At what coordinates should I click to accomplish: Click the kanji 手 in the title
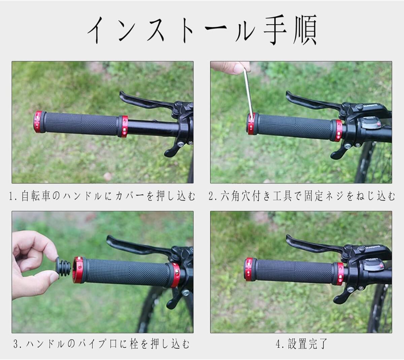(x=275, y=30)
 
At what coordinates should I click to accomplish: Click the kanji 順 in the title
(x=305, y=30)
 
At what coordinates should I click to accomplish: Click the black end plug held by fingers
(x=63, y=267)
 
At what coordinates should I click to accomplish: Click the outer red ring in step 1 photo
(x=38, y=122)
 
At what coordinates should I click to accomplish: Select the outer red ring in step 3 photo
(x=77, y=270)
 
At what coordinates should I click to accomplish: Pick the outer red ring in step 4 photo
(x=249, y=269)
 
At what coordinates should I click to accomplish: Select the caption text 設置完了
(x=308, y=344)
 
